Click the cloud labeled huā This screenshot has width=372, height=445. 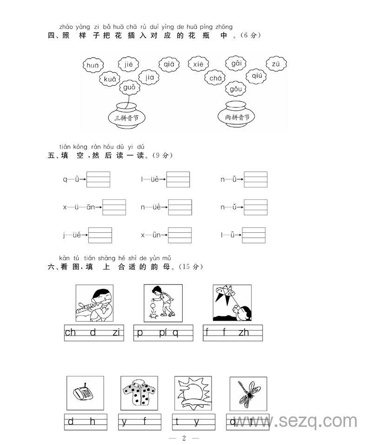point(93,66)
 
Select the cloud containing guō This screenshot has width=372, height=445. point(129,87)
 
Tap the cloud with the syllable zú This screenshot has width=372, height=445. point(276,65)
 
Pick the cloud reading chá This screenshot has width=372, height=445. point(216,78)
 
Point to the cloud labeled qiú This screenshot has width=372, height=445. point(257,75)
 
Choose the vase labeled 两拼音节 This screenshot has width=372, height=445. point(237,115)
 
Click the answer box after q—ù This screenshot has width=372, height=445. point(99,179)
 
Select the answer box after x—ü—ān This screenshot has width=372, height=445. point(114,207)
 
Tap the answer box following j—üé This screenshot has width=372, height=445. point(100,235)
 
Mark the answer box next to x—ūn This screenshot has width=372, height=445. point(180,235)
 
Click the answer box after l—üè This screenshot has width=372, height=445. point(178,179)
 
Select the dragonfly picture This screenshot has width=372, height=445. point(248,394)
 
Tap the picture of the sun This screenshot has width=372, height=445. point(193,394)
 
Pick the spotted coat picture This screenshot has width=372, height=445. point(139,394)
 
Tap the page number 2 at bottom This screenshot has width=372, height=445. point(184,438)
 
